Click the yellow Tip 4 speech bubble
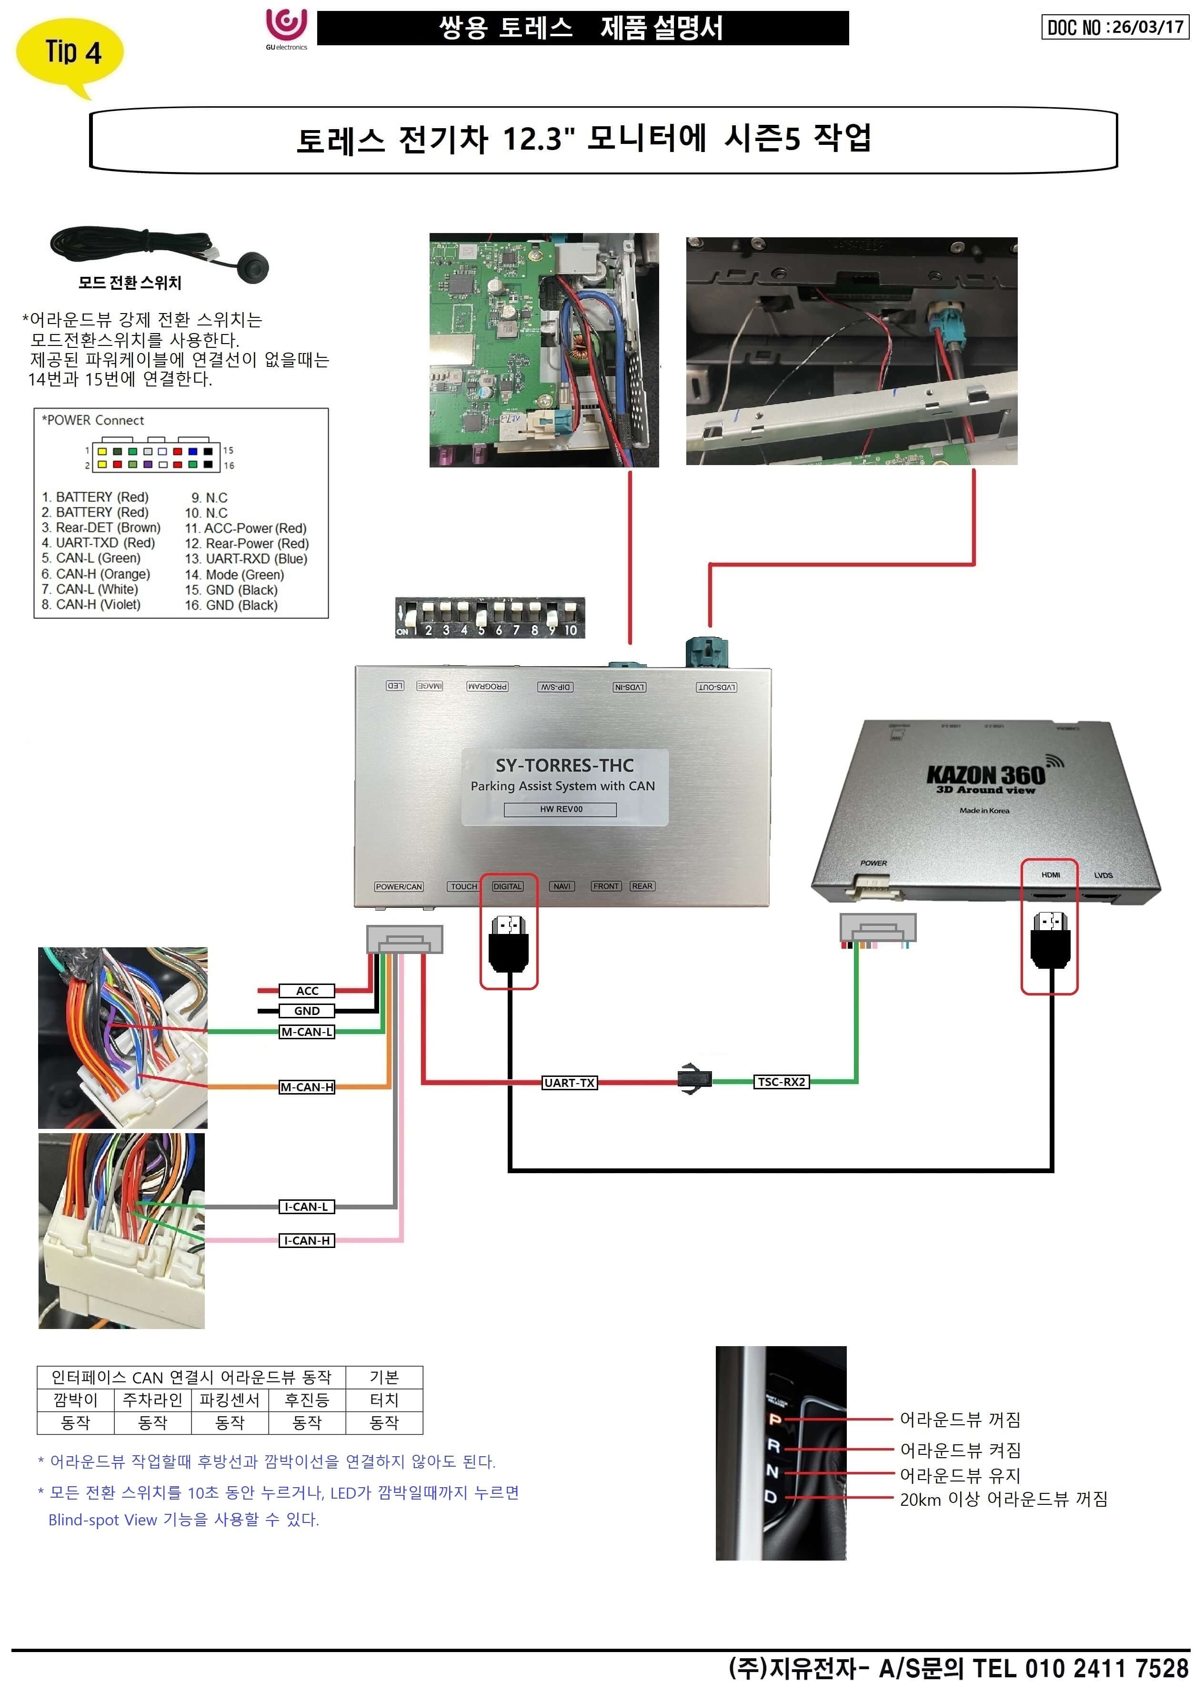(70, 53)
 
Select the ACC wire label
(307, 991)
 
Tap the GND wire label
(307, 1011)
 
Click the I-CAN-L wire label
(307, 1207)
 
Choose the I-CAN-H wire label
(307, 1240)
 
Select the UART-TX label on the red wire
(570, 1083)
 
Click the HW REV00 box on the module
(561, 809)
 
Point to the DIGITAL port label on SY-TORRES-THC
(508, 886)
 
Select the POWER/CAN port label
(399, 886)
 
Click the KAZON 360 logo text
(986, 776)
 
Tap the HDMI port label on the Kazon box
(1051, 875)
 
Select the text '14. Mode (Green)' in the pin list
(234, 575)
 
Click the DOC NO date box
(1115, 28)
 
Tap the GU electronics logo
(287, 28)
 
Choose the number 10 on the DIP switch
(570, 629)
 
